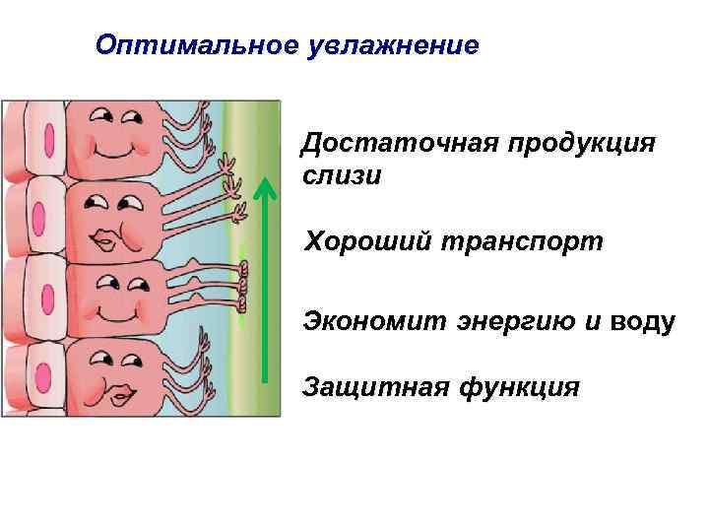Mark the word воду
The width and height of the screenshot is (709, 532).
click(642, 321)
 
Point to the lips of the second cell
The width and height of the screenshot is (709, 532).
click(106, 239)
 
